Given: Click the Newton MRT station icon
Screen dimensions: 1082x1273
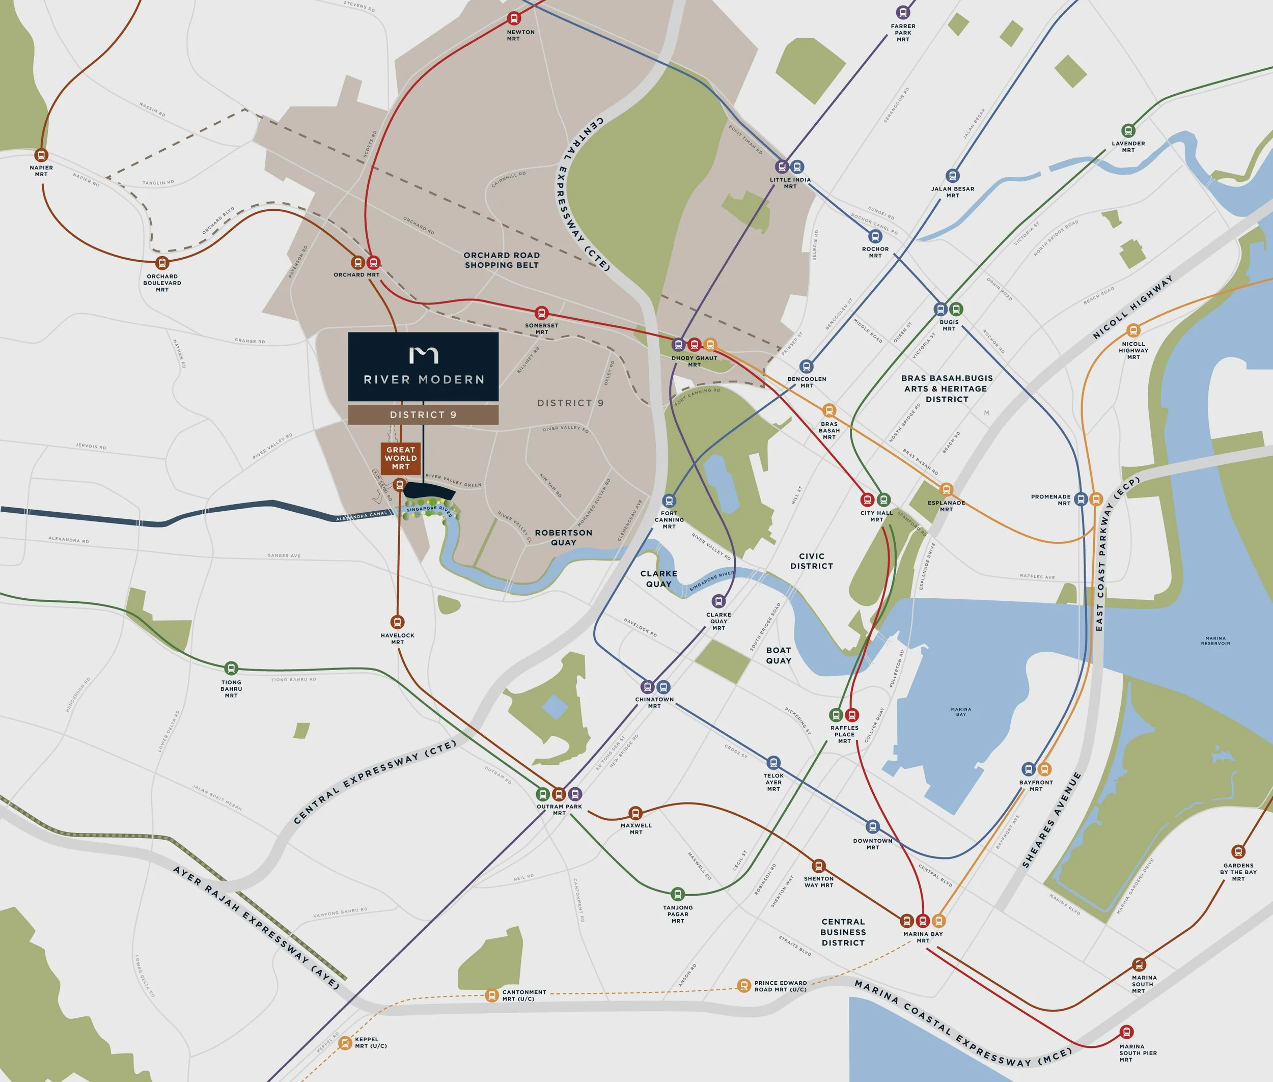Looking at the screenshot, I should [514, 18].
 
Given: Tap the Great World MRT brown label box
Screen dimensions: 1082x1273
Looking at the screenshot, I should [401, 458].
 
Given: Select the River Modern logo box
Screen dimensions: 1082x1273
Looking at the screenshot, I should [423, 367].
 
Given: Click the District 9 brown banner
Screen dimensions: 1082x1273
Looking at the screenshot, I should [423, 414].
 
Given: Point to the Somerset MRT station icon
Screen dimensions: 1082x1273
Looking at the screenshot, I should [541, 313].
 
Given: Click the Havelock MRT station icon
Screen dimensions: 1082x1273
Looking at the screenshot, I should [398, 622].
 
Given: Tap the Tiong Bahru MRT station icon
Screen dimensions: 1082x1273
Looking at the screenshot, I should [231, 669].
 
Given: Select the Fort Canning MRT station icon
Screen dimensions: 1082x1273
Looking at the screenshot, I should [669, 501].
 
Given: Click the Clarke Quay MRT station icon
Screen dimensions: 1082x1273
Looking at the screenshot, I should [718, 601].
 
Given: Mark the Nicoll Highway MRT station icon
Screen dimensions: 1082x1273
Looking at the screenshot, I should [1133, 330].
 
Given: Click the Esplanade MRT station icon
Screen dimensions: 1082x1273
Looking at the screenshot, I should [946, 489].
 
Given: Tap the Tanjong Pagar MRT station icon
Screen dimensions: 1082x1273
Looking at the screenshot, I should [677, 894].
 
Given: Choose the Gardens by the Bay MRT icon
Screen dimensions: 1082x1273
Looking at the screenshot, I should [1238, 851].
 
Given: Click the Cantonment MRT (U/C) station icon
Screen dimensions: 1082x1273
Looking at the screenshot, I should [491, 995].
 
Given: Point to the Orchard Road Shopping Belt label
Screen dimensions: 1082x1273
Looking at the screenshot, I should [501, 260].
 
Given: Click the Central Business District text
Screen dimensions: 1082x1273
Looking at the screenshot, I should [843, 932].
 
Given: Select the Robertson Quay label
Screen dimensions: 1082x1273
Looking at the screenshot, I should [563, 537].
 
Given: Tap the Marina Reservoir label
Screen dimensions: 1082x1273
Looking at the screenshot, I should [1215, 641].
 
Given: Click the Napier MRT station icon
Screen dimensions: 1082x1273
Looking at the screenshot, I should [41, 155].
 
